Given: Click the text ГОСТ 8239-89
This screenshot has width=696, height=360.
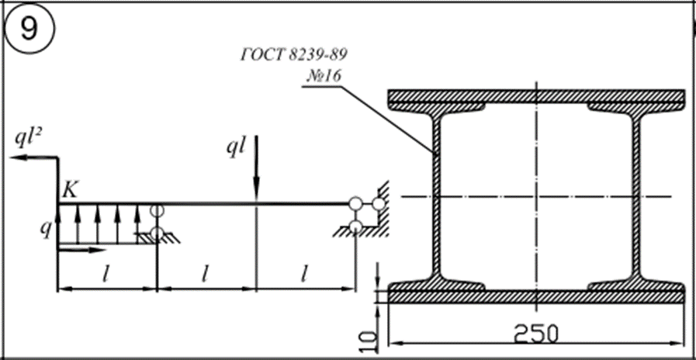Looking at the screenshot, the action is (294, 54).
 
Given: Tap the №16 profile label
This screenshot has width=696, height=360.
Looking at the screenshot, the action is (324, 76).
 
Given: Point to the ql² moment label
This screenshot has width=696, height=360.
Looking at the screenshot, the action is (28, 140).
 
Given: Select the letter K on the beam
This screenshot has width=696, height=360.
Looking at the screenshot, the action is (70, 190).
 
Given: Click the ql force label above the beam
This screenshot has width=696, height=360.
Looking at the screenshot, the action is (235, 150).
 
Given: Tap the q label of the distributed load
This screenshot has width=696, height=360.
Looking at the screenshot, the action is (46, 230).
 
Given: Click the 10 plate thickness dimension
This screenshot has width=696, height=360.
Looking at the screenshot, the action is (369, 340).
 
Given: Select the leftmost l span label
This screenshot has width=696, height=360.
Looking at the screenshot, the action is (106, 276).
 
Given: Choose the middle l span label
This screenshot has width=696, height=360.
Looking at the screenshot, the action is (205, 275).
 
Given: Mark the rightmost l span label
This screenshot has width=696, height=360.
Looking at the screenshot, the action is (304, 275).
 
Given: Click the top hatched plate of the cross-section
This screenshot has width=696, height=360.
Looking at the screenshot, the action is (537, 95).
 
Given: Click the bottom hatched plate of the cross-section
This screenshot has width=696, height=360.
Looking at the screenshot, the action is (537, 297).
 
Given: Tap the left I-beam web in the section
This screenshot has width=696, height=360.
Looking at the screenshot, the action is (436, 196).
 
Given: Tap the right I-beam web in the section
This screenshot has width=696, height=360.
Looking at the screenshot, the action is (637, 196).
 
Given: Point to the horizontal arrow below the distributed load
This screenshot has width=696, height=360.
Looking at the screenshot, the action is (81, 250).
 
